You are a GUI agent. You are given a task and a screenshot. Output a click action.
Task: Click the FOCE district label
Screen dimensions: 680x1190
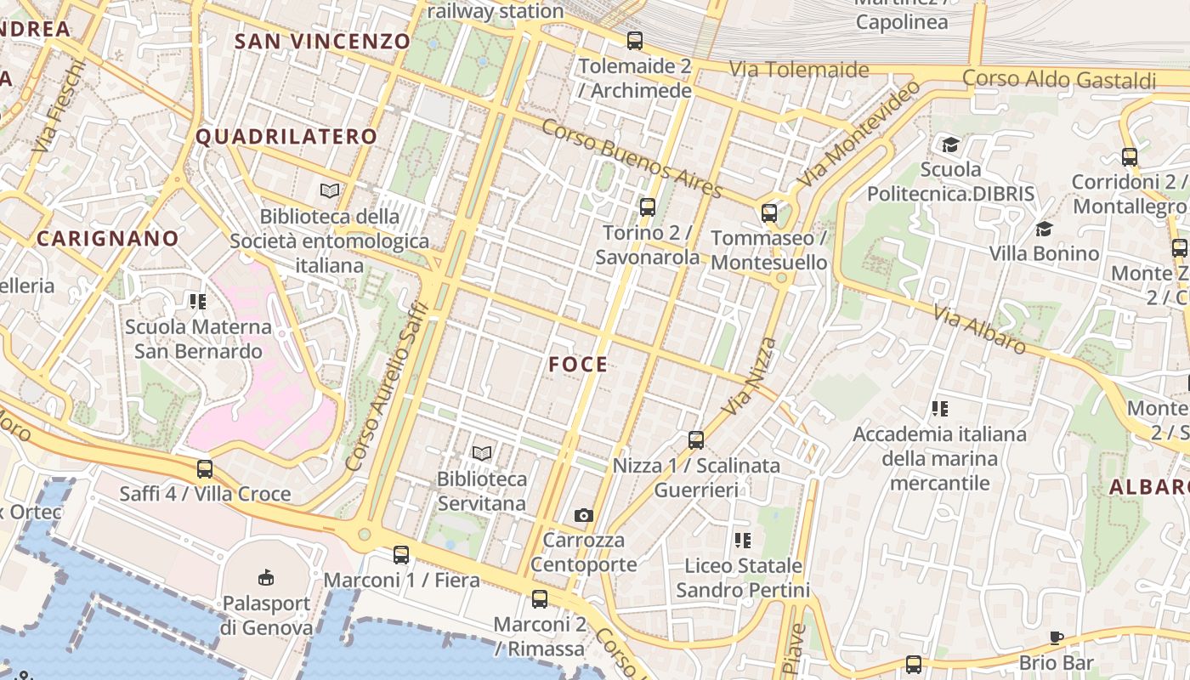click(578, 365)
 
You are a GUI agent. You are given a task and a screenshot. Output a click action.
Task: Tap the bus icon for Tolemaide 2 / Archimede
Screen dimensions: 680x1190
click(634, 41)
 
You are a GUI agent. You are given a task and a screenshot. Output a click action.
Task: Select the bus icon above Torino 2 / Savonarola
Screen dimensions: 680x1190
click(648, 207)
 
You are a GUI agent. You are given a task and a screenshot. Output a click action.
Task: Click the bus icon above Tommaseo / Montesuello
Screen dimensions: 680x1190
click(769, 212)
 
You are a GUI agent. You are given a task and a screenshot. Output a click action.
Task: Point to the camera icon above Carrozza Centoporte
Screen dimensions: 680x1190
click(583, 515)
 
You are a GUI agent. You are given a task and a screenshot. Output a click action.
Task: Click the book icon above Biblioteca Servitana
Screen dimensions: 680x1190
click(482, 454)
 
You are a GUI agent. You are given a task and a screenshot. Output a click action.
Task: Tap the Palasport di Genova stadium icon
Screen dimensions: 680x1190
click(266, 578)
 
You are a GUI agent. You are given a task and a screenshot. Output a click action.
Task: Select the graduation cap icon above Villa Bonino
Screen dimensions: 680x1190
click(1044, 229)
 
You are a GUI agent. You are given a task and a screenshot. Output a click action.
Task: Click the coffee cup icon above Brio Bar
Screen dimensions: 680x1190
click(1057, 637)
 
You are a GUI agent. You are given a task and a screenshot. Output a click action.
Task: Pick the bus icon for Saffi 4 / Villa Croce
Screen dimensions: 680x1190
click(205, 468)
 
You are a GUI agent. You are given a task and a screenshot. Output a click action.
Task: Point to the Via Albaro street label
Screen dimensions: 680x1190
click(979, 329)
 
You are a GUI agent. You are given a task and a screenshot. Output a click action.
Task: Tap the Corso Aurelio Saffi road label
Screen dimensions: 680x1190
click(382, 386)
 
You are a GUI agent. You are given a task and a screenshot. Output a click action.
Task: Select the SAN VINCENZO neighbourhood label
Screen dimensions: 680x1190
click(322, 41)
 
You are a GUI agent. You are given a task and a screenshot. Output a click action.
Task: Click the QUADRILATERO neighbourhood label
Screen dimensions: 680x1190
click(286, 137)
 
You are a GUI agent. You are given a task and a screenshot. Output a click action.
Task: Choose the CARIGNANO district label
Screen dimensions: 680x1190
click(108, 239)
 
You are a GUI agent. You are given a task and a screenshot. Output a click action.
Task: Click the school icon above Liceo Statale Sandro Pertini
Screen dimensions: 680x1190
click(743, 540)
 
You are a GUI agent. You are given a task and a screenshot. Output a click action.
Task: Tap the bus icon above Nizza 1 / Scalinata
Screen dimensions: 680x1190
click(696, 439)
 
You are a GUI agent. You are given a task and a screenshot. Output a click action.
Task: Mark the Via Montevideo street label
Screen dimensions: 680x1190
click(858, 134)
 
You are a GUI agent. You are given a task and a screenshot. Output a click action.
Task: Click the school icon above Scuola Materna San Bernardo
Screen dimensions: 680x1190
click(198, 301)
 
